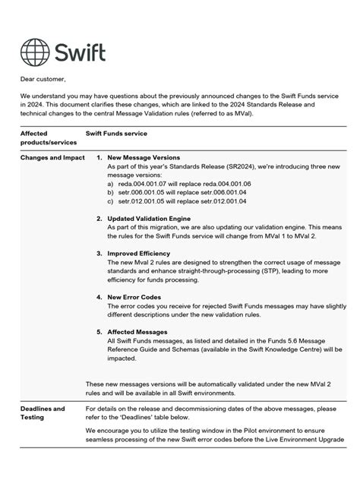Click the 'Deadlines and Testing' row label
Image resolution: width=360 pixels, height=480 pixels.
(43, 413)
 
